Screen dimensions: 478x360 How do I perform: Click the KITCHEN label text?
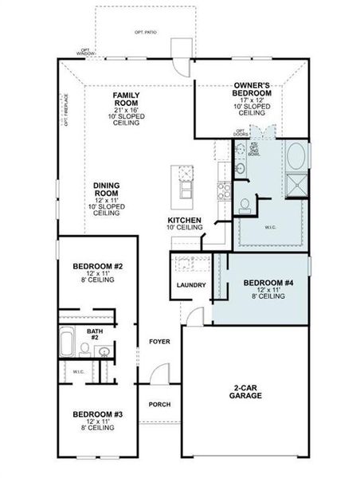point(183,220)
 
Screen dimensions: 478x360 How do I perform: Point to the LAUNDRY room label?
point(191,285)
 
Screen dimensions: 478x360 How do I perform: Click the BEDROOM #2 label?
point(96,265)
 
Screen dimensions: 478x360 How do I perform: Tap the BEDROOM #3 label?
point(96,414)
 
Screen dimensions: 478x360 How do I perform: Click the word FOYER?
point(159,342)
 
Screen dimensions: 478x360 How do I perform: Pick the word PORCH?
point(159,404)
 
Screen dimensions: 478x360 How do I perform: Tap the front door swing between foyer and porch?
point(162,373)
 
